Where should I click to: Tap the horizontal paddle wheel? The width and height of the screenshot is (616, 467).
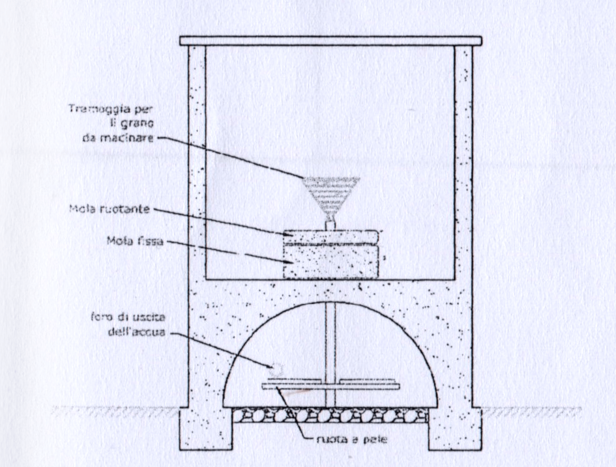click(x=330, y=386)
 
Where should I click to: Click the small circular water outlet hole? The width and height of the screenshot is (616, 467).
click(x=277, y=369)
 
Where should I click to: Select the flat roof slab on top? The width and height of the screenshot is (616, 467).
click(x=330, y=41)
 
